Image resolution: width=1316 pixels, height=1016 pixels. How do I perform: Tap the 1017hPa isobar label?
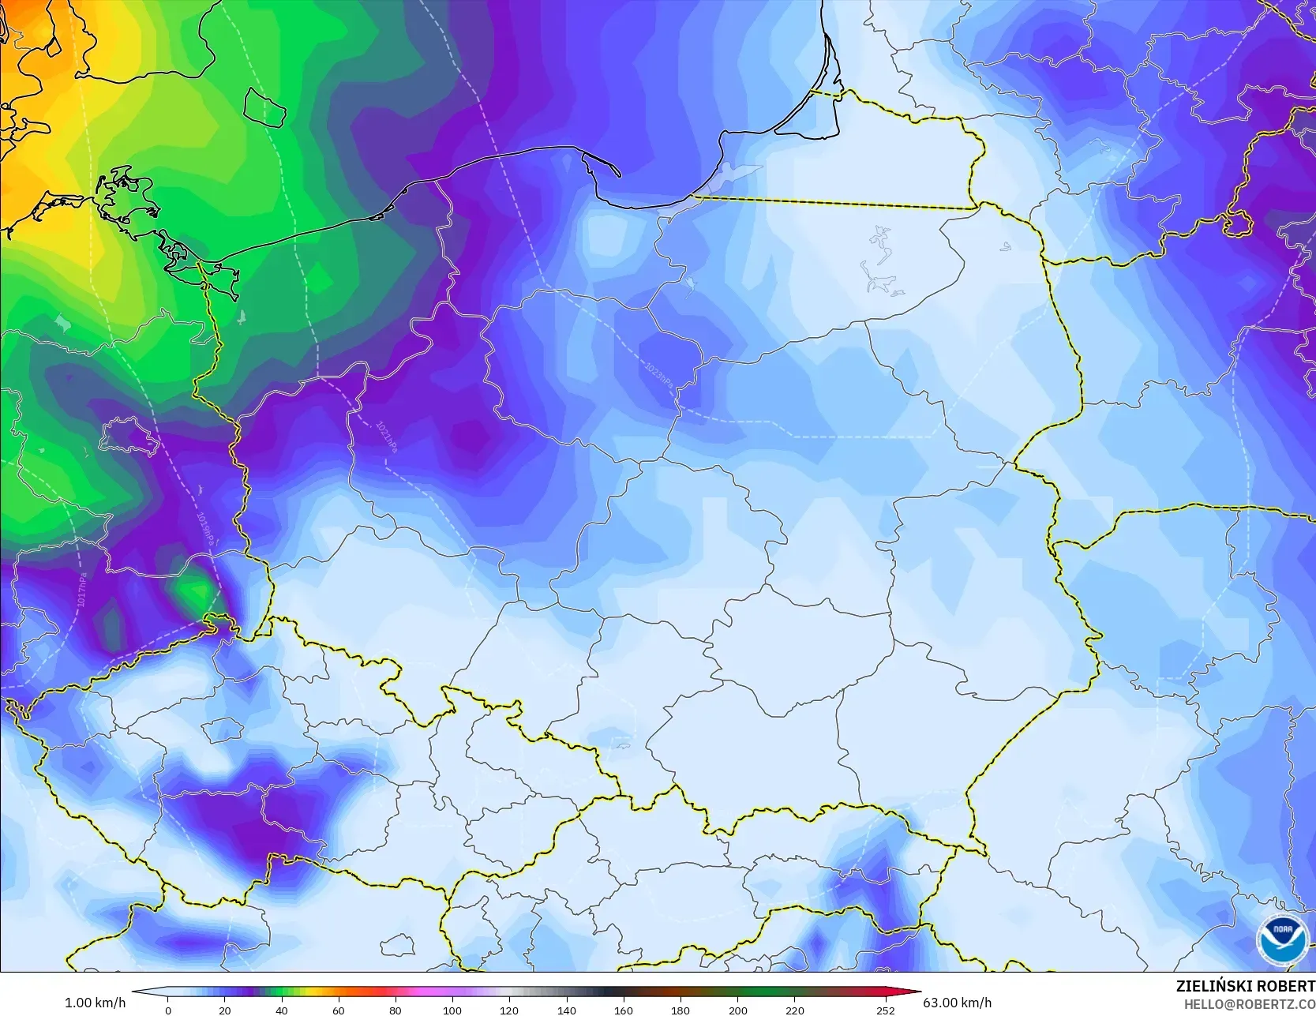coord(81,589)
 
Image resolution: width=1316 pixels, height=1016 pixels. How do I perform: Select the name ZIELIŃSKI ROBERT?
coord(1245,986)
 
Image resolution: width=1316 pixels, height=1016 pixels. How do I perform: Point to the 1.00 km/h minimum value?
coord(95,1003)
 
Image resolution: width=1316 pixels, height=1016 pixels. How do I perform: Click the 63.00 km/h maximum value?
coord(957,1003)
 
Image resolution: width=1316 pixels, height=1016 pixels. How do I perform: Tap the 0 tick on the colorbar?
coord(167,1010)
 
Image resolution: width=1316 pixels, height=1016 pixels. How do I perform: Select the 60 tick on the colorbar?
coord(339,1010)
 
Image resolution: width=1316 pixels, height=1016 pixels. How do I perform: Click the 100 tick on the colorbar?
coord(452,1010)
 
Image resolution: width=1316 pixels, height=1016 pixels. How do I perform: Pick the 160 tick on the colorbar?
coord(624,1010)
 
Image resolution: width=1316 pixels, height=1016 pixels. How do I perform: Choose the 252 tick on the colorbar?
coord(885,1010)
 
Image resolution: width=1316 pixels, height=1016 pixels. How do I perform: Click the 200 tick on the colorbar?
coord(737,1010)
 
